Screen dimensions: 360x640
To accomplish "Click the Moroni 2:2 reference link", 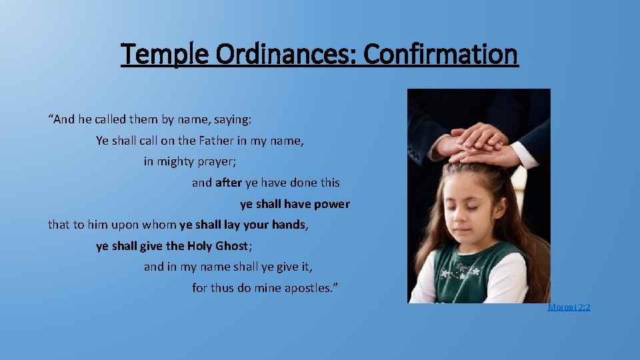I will coord(569,307).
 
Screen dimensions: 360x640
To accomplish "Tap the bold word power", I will coord(331,204).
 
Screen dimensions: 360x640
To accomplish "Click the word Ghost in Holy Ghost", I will coord(232,246).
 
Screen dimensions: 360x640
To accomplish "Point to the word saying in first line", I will coord(231,120).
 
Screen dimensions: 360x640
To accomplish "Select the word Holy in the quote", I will coord(199,246).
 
